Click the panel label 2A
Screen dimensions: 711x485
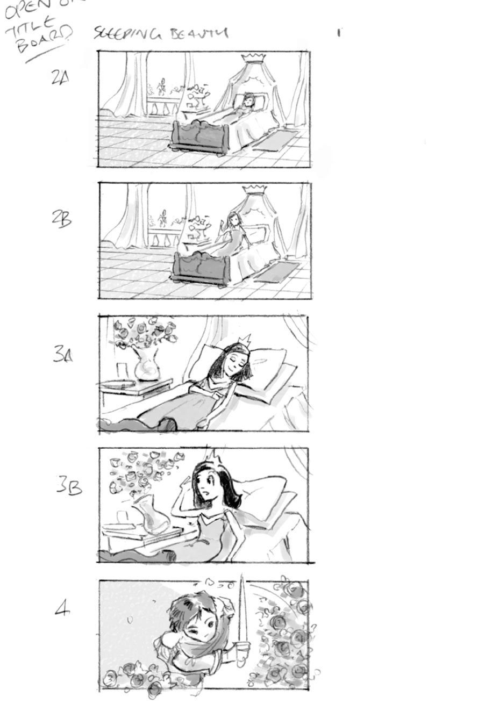click(60, 78)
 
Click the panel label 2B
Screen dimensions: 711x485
click(61, 219)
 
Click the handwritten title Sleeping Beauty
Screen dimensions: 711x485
click(161, 33)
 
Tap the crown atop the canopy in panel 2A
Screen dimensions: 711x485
click(253, 57)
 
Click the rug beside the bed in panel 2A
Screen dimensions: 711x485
click(275, 141)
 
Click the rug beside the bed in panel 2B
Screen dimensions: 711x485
click(276, 272)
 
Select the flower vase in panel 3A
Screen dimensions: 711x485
click(146, 366)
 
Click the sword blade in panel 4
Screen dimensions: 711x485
click(242, 607)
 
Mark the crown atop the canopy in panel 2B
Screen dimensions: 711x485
click(254, 189)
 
